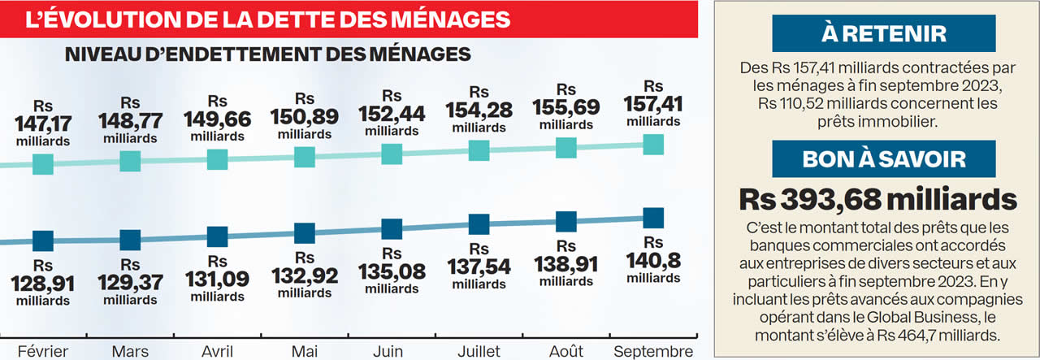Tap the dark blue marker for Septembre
(652, 218)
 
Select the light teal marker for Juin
(392, 154)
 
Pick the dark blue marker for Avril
(217, 236)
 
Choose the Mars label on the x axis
(129, 351)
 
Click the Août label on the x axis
(565, 351)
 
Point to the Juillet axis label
(479, 351)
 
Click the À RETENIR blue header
(883, 33)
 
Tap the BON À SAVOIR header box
(883, 158)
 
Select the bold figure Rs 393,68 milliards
(877, 199)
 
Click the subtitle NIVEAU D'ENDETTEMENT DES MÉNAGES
(267, 54)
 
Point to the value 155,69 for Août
(565, 107)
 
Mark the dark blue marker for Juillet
(479, 224)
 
